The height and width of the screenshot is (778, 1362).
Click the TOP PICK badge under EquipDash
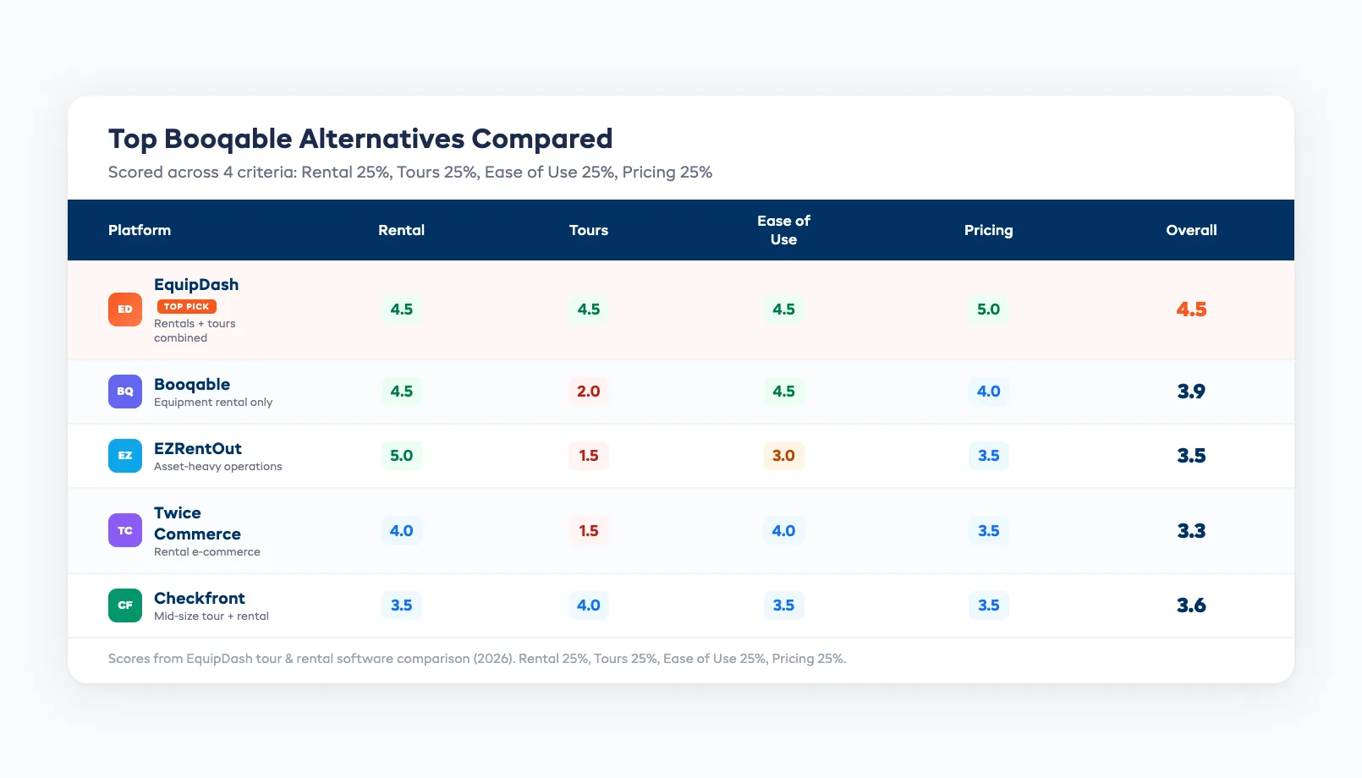pos(187,307)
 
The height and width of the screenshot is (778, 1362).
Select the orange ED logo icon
pos(125,310)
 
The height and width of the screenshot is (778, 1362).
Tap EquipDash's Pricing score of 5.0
pos(988,310)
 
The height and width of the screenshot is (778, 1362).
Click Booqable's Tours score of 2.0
pos(588,392)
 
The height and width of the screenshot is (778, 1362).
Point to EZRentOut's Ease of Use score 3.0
pos(783,456)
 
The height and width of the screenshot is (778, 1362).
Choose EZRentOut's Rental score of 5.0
pos(401,456)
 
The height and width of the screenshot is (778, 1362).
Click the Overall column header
pos(1191,230)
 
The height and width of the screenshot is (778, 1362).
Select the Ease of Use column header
pos(783,230)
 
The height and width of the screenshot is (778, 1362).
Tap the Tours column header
pos(588,230)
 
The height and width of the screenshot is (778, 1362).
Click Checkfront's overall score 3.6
pos(1191,605)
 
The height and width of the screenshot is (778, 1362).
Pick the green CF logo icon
pos(125,605)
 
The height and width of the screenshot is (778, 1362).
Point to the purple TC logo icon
pos(125,531)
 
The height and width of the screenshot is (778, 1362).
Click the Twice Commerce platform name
pos(197,523)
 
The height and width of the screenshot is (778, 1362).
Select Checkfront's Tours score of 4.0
pos(588,605)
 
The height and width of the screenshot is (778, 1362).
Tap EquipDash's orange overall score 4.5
pos(1191,310)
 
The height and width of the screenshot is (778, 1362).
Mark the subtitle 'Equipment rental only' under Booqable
pos(213,403)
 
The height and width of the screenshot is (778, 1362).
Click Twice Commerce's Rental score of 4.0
pos(401,531)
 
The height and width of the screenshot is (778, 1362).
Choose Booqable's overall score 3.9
pos(1191,392)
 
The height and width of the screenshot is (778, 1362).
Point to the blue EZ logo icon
pos(125,456)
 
